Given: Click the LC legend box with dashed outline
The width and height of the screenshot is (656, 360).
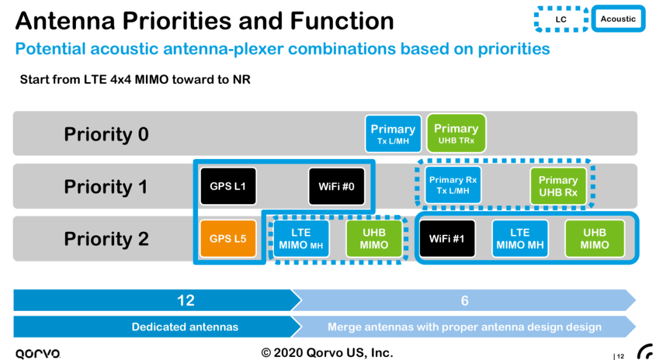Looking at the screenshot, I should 561,19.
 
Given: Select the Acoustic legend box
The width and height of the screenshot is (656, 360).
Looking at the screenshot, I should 618,19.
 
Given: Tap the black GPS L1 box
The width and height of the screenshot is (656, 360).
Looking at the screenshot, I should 228,186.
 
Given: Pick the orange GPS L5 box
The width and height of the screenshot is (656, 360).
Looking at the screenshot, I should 228,239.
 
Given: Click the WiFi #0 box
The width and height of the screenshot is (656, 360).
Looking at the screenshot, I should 336,186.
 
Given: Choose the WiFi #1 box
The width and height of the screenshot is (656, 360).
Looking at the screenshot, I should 447,239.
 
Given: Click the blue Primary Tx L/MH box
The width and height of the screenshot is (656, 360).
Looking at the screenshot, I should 393,134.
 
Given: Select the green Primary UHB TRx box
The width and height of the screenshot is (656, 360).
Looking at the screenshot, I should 456,134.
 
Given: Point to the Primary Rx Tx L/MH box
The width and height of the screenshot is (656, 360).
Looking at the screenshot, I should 453,185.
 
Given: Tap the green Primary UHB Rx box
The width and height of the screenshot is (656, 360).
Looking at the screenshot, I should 558,186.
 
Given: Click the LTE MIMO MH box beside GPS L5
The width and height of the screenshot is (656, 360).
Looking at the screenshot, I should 301,239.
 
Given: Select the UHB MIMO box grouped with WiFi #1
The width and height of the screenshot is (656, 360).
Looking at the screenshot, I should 594,239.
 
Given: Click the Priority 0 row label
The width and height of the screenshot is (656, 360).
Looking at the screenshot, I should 106,134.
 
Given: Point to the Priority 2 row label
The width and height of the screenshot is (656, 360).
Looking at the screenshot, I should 106,239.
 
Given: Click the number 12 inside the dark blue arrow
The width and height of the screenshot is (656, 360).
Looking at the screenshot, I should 185,301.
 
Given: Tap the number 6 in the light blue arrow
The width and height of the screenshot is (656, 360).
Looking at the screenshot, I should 465,301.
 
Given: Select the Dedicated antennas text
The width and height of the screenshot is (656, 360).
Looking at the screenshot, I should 185,327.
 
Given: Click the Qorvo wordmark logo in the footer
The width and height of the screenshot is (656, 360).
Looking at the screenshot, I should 38,353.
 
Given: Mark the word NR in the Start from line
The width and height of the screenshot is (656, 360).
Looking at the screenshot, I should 242,80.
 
